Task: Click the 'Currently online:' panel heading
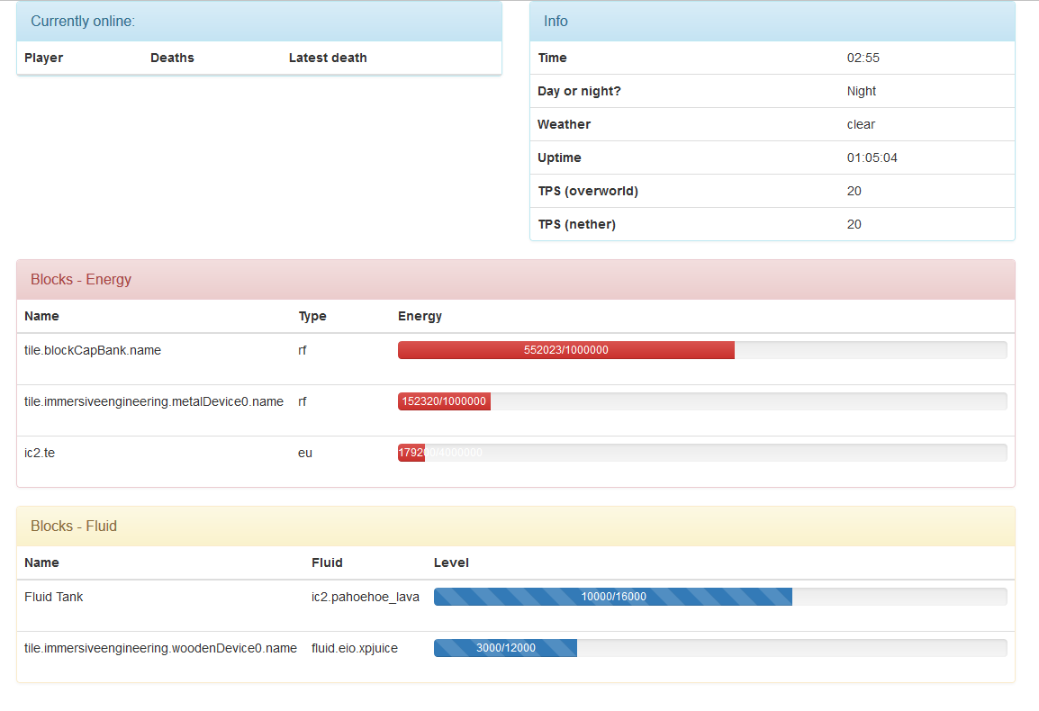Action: coord(83,22)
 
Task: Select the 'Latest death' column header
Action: coord(328,58)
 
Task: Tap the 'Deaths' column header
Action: coord(172,58)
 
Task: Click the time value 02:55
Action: coord(863,58)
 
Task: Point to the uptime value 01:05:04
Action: coord(872,157)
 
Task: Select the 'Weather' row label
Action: coord(564,124)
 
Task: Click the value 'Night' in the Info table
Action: coord(862,91)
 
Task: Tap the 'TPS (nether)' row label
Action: coord(576,224)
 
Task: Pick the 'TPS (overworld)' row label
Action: coord(587,191)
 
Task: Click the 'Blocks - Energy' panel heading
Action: coord(81,280)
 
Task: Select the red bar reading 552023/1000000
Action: coord(565,350)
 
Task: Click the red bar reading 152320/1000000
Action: coord(444,401)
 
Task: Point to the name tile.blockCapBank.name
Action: coord(93,350)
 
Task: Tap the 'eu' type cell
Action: coord(305,453)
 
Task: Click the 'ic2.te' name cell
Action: coord(40,453)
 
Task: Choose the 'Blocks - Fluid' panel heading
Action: coord(74,526)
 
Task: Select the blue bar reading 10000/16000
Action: coord(612,597)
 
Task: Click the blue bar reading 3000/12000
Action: coord(505,648)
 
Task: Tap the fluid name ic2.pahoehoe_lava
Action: coord(366,597)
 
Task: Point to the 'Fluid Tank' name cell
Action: coord(54,597)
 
